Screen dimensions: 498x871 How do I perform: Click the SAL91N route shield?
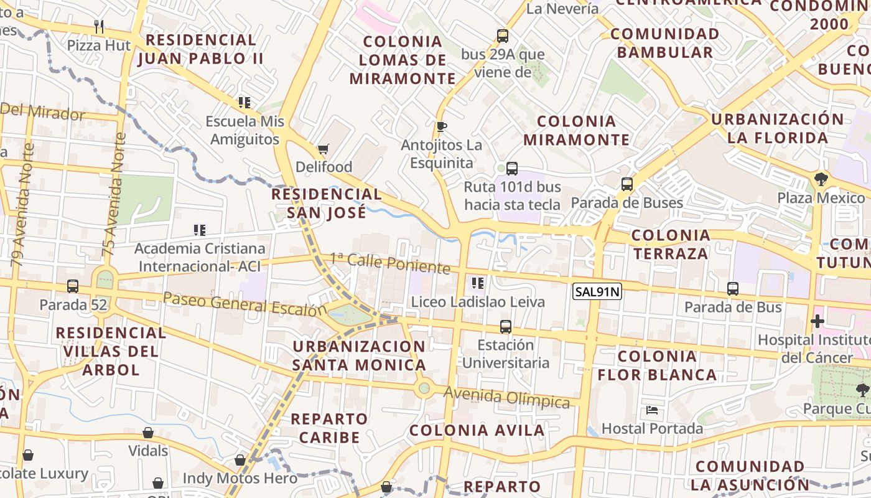597,291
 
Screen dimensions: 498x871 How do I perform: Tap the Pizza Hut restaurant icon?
99,26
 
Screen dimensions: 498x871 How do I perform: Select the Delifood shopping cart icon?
323,149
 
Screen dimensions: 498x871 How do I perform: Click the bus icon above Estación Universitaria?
506,326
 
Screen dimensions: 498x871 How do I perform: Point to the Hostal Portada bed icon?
652,410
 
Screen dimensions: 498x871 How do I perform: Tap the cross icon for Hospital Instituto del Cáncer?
817,322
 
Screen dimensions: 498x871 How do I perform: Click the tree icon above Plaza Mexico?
821,179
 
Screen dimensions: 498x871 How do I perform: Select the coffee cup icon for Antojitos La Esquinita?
442,127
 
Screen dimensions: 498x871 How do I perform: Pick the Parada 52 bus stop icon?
73,286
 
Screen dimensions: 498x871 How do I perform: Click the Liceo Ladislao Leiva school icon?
478,283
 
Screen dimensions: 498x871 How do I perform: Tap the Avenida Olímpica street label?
507,398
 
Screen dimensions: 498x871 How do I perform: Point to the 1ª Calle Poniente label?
389,263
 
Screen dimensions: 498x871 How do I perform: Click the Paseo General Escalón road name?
245,303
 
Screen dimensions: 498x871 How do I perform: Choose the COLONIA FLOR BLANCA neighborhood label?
657,365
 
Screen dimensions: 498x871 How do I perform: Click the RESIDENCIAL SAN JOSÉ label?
327,203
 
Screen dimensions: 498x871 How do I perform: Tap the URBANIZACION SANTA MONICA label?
359,355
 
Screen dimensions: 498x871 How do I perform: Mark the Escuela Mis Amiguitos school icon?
244,102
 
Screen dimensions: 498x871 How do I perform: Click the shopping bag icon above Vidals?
148,433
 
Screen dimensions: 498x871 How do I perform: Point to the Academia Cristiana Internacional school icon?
200,230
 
